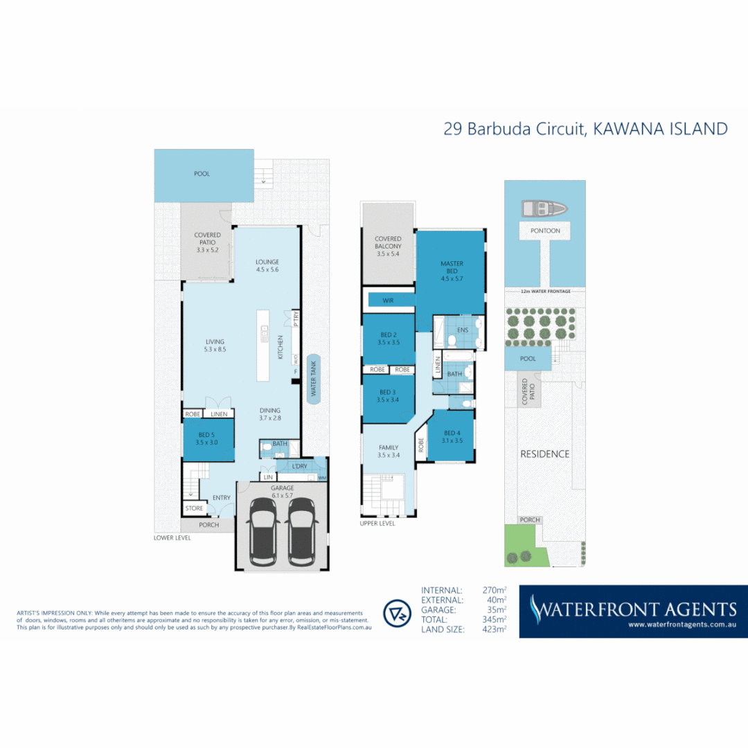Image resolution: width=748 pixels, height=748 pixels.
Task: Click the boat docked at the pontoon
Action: point(544,208)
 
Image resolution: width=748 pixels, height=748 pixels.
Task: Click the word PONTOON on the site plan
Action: point(545,231)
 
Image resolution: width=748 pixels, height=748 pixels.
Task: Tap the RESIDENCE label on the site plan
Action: point(545,454)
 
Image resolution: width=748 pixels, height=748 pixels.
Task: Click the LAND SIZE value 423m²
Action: point(495,629)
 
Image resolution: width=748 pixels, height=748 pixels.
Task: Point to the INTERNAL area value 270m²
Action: point(495,590)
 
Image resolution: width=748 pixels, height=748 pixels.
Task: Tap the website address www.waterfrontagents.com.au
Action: point(682,625)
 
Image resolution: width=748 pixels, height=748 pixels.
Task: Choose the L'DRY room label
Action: point(299,466)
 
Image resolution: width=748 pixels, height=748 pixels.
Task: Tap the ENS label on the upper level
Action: point(462,330)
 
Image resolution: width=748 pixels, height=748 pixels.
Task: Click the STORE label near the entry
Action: point(195,508)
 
